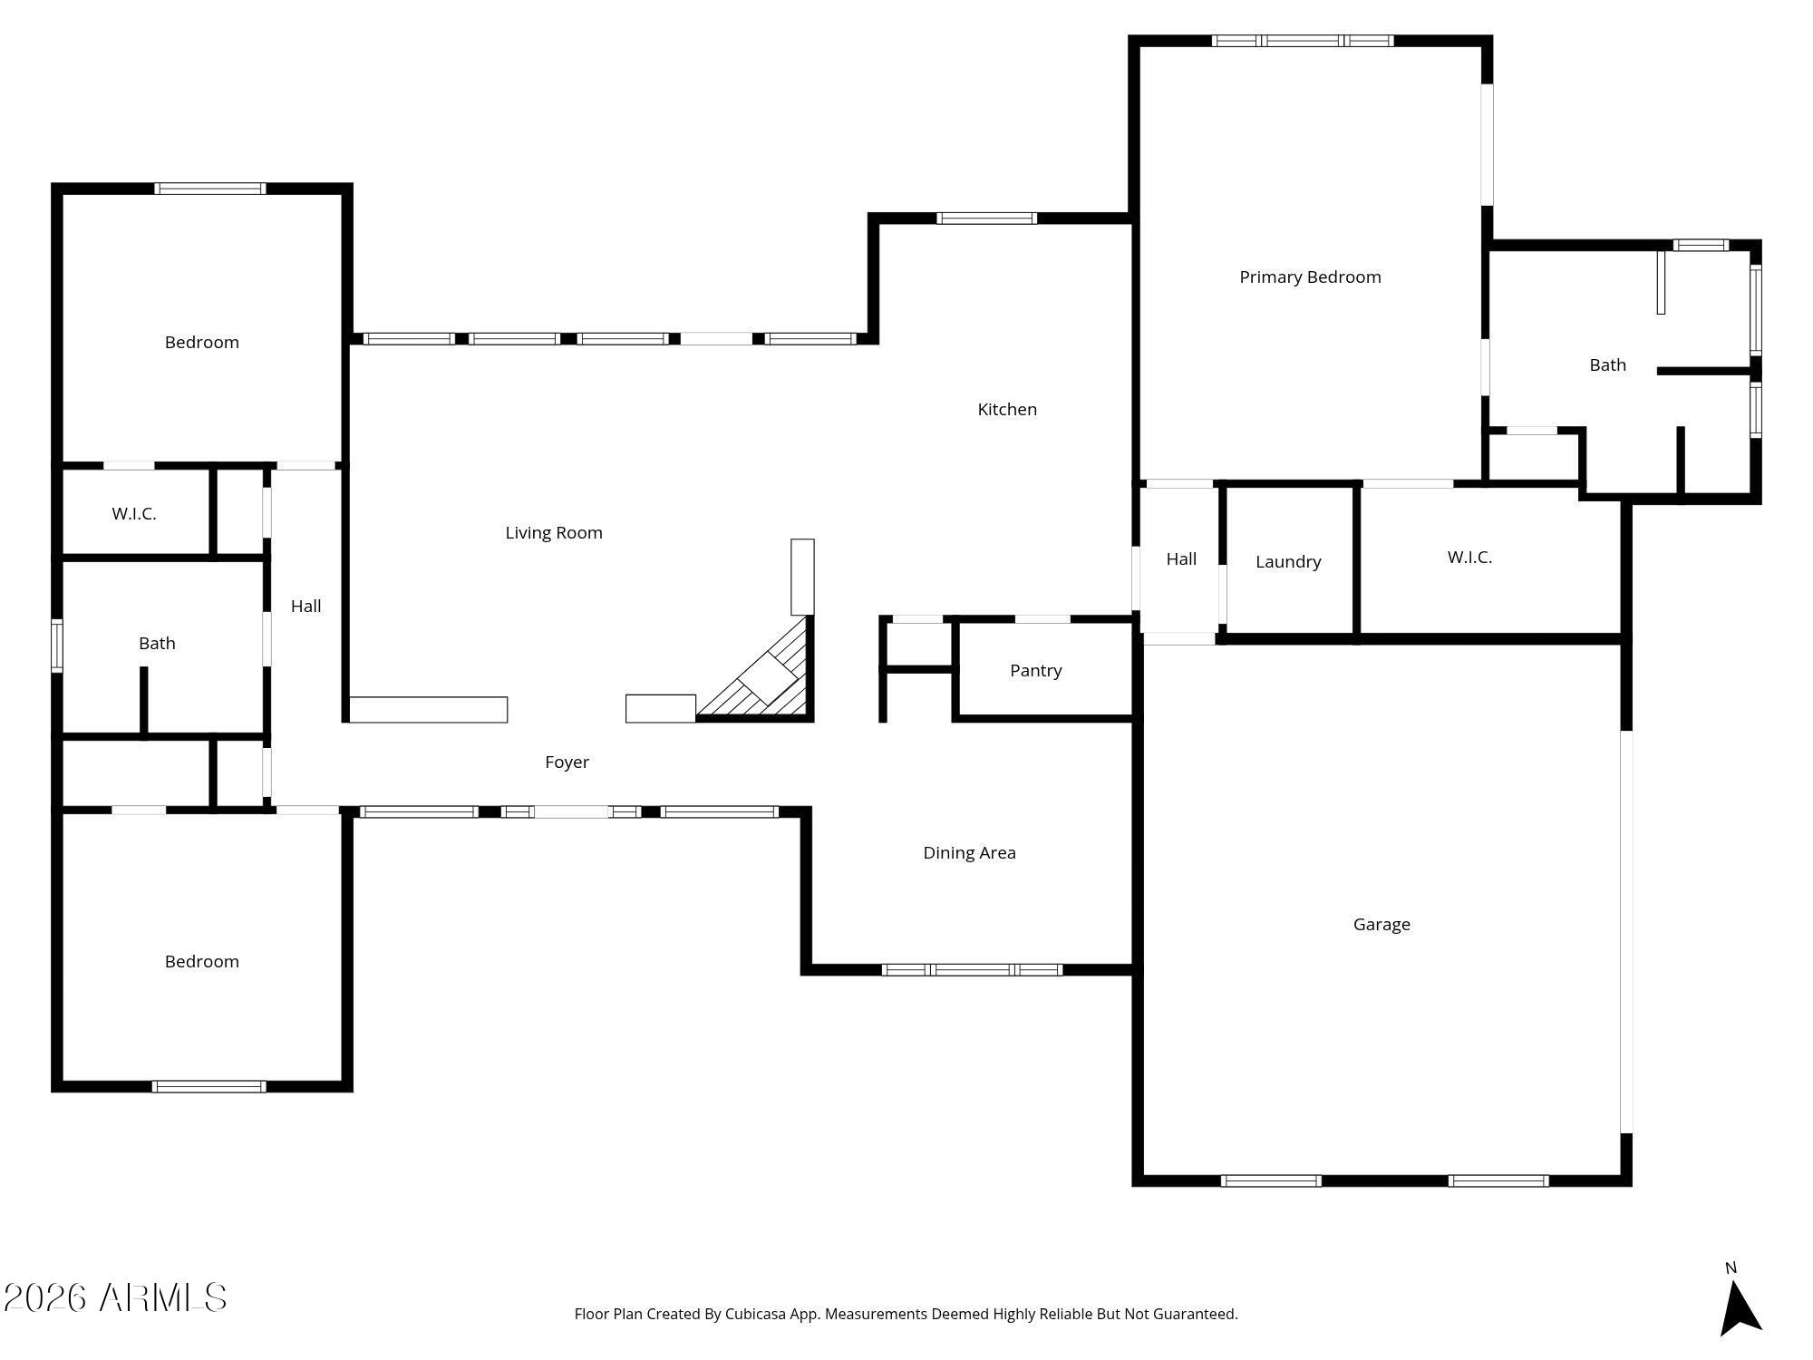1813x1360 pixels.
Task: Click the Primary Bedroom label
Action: click(x=1310, y=277)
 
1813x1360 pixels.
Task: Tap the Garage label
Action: click(x=1381, y=925)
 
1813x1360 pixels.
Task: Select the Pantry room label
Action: click(x=1035, y=671)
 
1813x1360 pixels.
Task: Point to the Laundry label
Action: click(x=1287, y=562)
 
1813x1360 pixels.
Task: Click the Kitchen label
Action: click(x=1006, y=410)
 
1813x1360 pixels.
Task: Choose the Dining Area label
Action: click(x=969, y=853)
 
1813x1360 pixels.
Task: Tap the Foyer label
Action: click(x=567, y=763)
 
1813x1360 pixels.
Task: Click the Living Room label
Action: click(x=553, y=533)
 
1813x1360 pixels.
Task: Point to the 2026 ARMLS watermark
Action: click(x=115, y=1297)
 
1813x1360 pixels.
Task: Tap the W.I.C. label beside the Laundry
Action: click(x=1469, y=558)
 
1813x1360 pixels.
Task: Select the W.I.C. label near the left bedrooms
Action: click(x=134, y=514)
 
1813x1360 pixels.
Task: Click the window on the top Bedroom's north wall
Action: click(x=209, y=189)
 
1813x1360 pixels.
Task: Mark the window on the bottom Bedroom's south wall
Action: click(x=209, y=1086)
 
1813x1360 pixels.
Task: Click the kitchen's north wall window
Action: click(x=986, y=219)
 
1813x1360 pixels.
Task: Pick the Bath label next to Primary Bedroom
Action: click(x=1607, y=365)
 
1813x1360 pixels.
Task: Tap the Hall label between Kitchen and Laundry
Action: click(x=1180, y=559)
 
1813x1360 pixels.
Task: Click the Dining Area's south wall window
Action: click(x=972, y=970)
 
